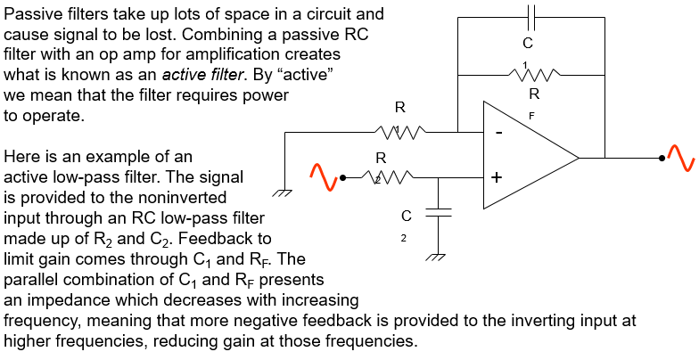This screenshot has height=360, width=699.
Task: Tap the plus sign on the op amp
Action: click(x=498, y=178)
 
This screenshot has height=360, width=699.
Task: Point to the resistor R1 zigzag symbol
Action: click(x=399, y=133)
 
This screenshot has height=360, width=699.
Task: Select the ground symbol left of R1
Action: click(x=284, y=192)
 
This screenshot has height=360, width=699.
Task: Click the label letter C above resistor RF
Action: click(x=528, y=42)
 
